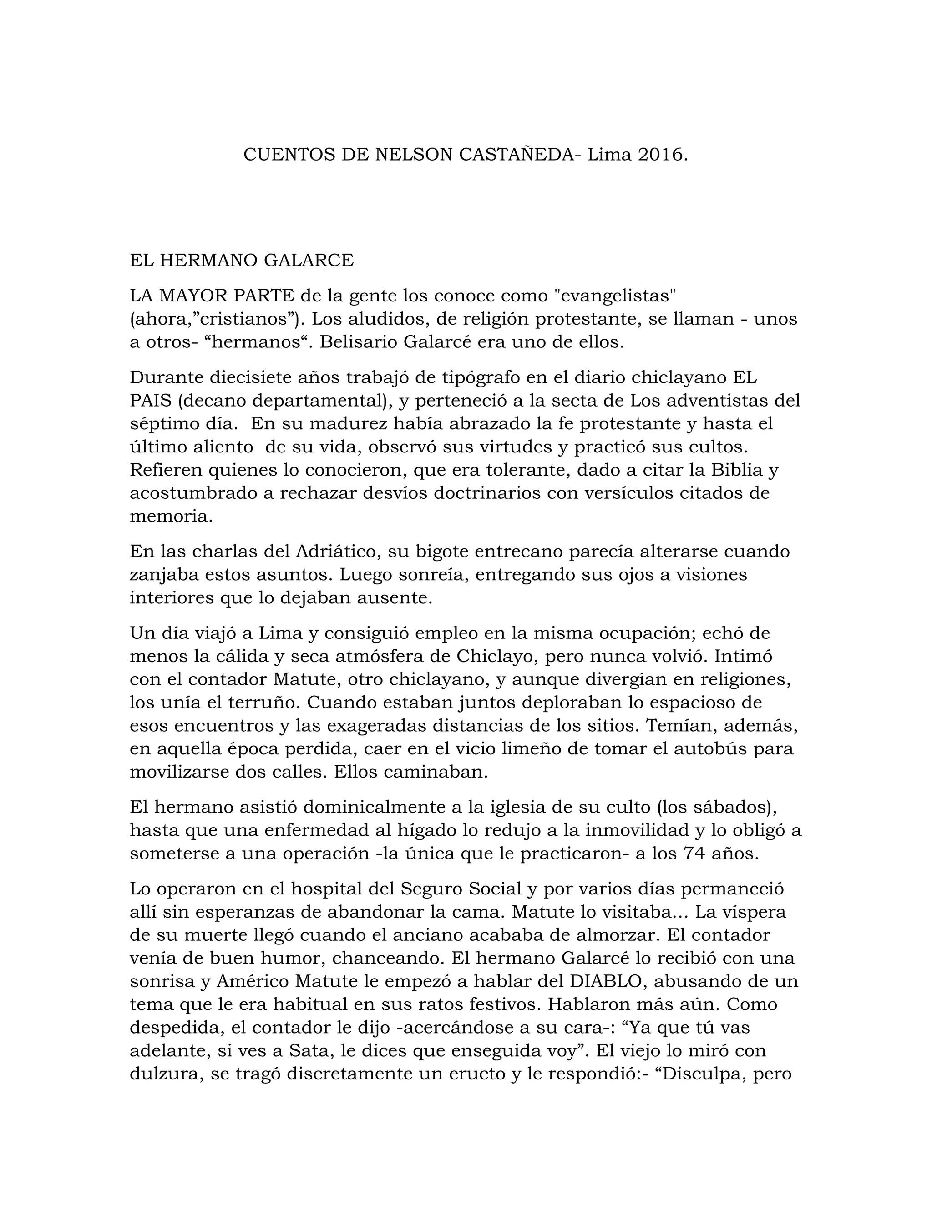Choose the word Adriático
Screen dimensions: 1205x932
click(337, 551)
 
